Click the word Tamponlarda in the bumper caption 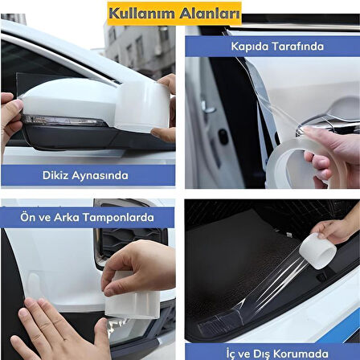121,215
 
